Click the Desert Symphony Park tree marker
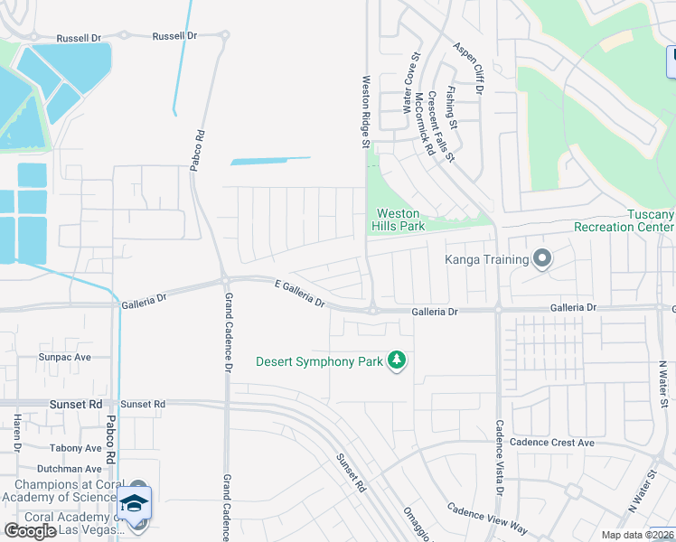tap(396, 360)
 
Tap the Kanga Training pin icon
tap(542, 260)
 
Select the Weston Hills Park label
tap(400, 220)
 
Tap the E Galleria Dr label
tap(300, 293)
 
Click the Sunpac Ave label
tap(65, 357)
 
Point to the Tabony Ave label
tap(76, 448)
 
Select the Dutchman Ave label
tap(70, 469)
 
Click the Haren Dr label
tap(16, 433)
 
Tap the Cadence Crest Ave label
tap(551, 443)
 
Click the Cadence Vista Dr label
tap(498, 456)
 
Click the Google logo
tap(30, 531)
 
